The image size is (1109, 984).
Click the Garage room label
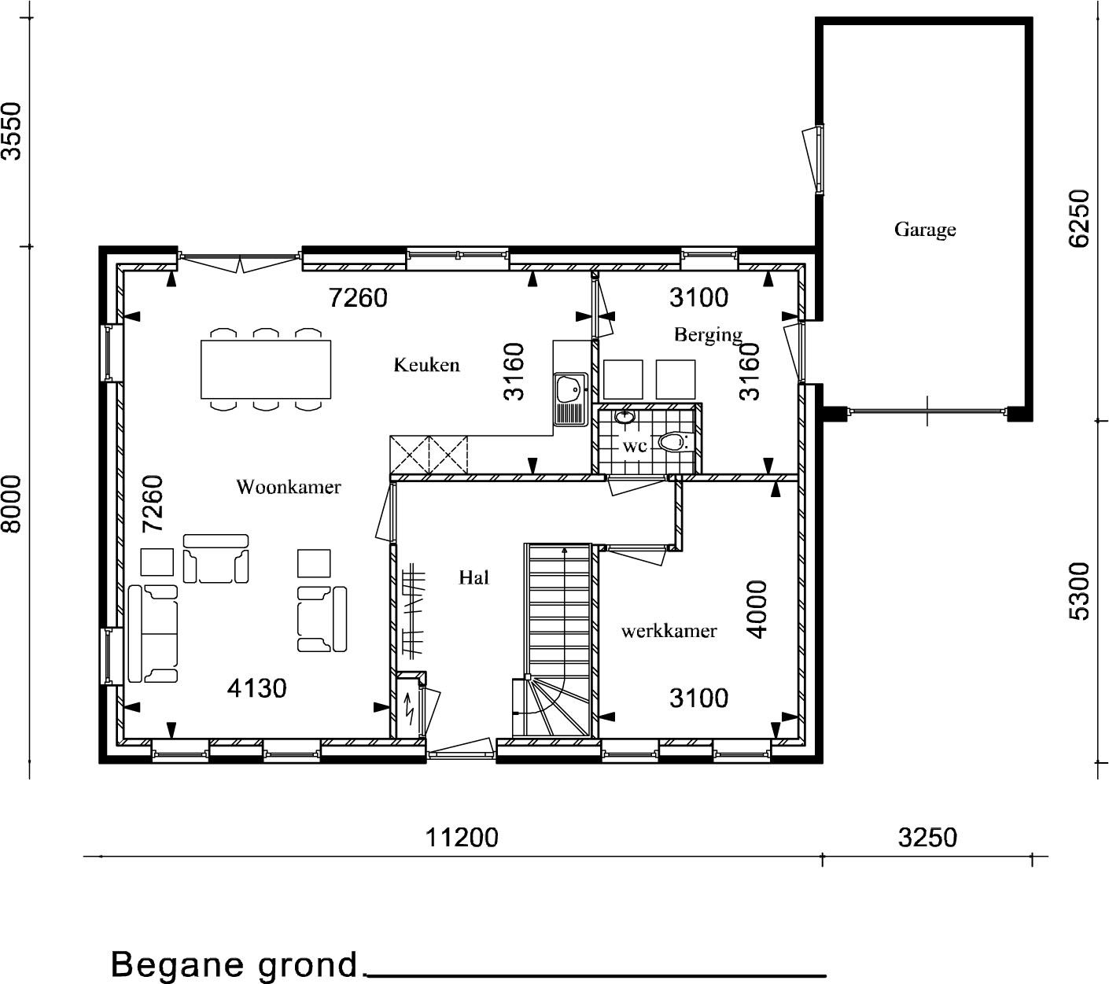pyautogui.click(x=925, y=229)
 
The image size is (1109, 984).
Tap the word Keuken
pyautogui.click(x=426, y=365)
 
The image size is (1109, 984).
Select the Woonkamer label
pyautogui.click(x=289, y=486)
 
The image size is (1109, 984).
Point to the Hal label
pyautogui.click(x=473, y=577)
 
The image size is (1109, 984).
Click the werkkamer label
pyautogui.click(x=669, y=631)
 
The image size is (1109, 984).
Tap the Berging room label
pyautogui.click(x=709, y=334)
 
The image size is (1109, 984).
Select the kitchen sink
pyautogui.click(x=570, y=399)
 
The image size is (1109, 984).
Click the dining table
pyautogui.click(x=266, y=369)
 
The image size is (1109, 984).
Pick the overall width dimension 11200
pyautogui.click(x=462, y=837)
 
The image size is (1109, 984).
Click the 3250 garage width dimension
pyautogui.click(x=927, y=837)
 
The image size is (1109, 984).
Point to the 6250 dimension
pyautogui.click(x=1079, y=219)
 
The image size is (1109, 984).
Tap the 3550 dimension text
pyautogui.click(x=12, y=131)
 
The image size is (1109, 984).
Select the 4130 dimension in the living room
pyautogui.click(x=256, y=688)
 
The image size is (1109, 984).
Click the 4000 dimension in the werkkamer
pyautogui.click(x=757, y=610)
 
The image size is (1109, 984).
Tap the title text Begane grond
pyautogui.click(x=234, y=964)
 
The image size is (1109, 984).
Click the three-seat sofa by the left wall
pyautogui.click(x=153, y=633)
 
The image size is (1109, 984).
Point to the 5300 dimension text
pyautogui.click(x=1079, y=591)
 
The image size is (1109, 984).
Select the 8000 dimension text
pyautogui.click(x=12, y=503)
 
